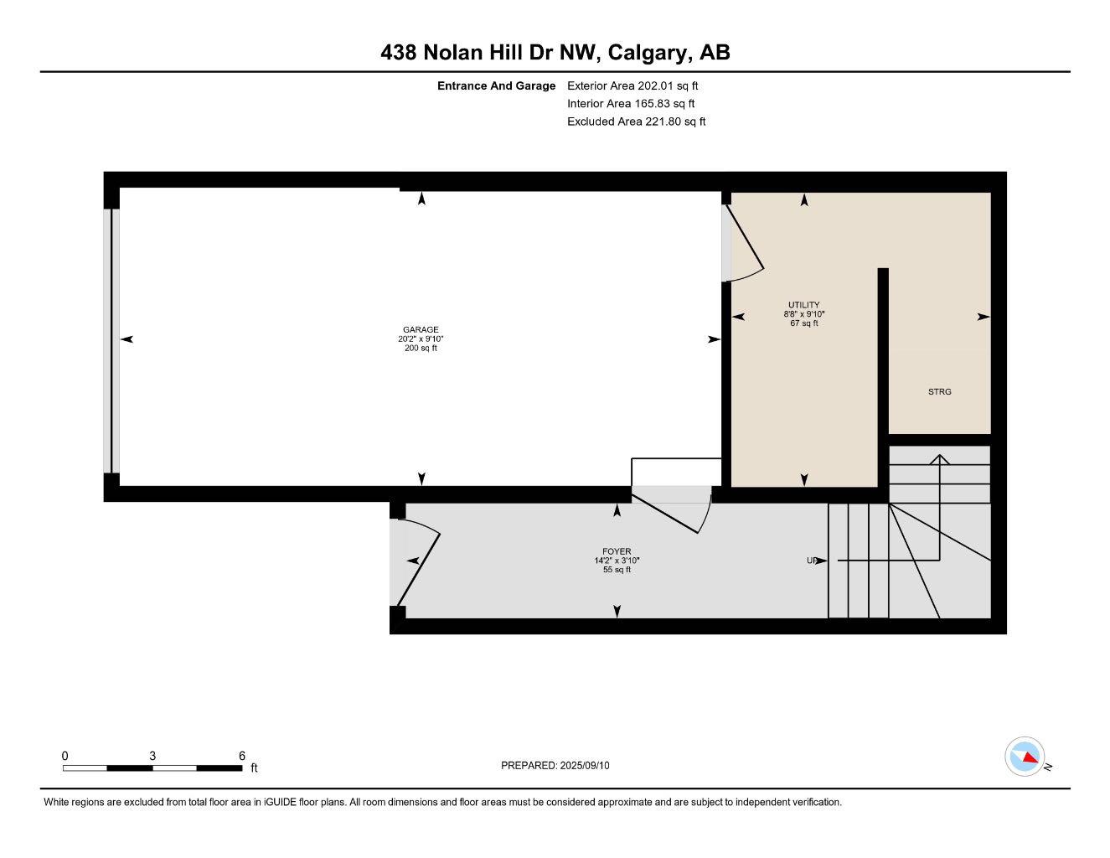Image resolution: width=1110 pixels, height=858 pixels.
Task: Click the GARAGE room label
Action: coord(421,329)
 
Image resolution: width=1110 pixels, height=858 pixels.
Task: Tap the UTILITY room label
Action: coord(803,305)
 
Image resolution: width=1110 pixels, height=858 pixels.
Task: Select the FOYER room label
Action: coord(617,551)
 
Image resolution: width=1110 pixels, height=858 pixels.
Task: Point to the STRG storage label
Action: coord(939,391)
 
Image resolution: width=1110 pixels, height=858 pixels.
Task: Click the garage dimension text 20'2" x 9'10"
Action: coord(421,339)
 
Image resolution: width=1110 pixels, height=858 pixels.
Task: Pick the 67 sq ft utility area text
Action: coord(803,323)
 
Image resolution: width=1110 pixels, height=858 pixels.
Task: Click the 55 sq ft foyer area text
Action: coord(617,570)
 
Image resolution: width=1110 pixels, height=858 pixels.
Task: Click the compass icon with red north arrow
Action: coord(1025,757)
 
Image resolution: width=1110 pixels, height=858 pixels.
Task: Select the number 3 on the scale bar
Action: coord(152,756)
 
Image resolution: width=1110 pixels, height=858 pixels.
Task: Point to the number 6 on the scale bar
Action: coord(242,756)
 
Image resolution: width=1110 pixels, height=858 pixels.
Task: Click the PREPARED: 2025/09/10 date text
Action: coord(555,765)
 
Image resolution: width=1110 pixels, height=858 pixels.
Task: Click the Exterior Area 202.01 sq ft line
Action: coord(632,85)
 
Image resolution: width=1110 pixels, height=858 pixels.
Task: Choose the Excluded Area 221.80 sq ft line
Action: coord(636,121)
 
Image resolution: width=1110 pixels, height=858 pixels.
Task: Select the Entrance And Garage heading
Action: coord(496,85)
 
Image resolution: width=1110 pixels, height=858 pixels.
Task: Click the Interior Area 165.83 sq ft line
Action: coord(631,104)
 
